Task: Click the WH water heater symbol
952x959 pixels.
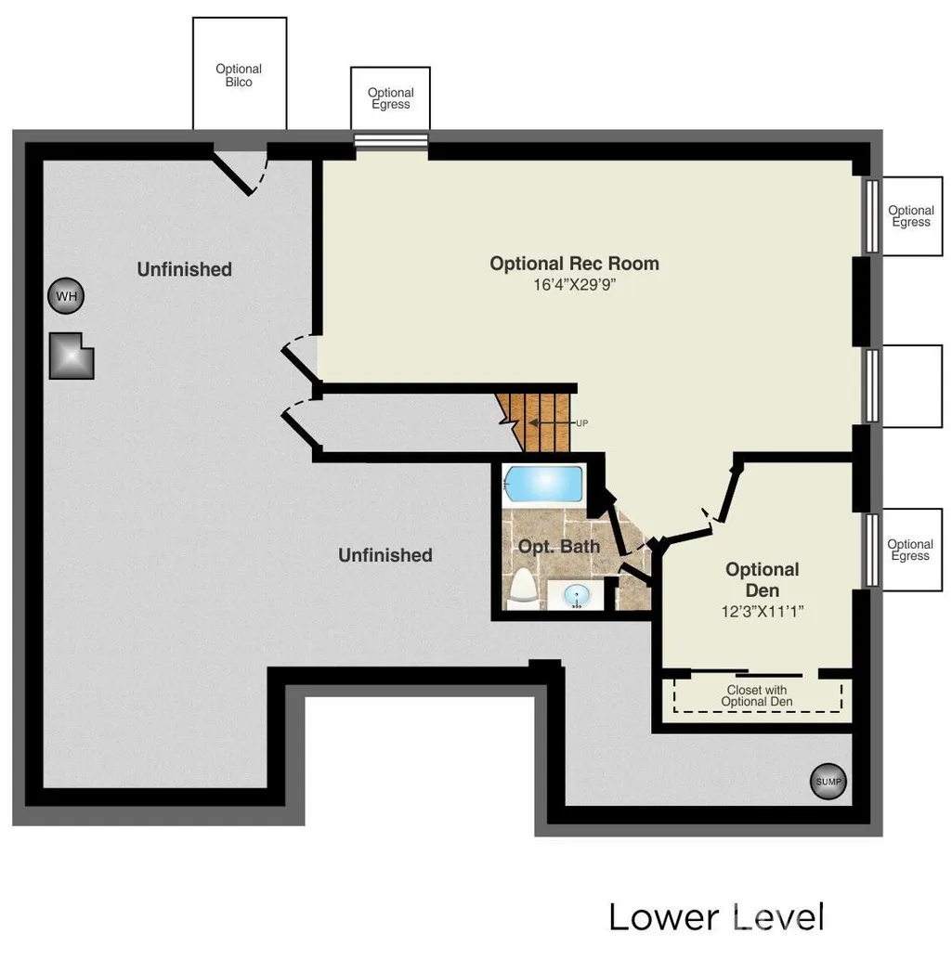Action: pyautogui.click(x=66, y=296)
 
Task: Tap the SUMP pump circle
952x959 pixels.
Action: pyautogui.click(x=828, y=781)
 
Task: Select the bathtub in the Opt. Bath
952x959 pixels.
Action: pyautogui.click(x=542, y=485)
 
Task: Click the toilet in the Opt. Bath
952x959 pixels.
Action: pyautogui.click(x=523, y=590)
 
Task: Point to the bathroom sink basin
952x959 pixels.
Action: pyautogui.click(x=577, y=594)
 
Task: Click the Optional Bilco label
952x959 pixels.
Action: pyautogui.click(x=239, y=75)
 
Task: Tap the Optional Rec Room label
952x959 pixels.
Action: pyautogui.click(x=575, y=264)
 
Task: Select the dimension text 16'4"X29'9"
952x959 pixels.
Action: pyautogui.click(x=575, y=284)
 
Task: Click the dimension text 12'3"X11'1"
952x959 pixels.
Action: pyautogui.click(x=763, y=611)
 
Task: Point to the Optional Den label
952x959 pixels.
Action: pyautogui.click(x=763, y=580)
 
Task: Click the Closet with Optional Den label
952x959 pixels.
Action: pyautogui.click(x=757, y=696)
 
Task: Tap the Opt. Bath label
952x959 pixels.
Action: pyautogui.click(x=558, y=546)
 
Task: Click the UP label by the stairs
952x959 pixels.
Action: pyautogui.click(x=581, y=423)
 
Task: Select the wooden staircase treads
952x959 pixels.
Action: pyautogui.click(x=533, y=422)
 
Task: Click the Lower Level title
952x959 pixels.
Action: pyautogui.click(x=716, y=917)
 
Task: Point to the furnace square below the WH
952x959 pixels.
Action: pyautogui.click(x=72, y=356)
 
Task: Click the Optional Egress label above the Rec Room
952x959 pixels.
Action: pyautogui.click(x=390, y=98)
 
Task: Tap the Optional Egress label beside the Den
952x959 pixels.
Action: pyautogui.click(x=910, y=550)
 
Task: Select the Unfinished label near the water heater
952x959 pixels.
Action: pyautogui.click(x=184, y=269)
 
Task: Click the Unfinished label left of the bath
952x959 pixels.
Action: pyautogui.click(x=385, y=555)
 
